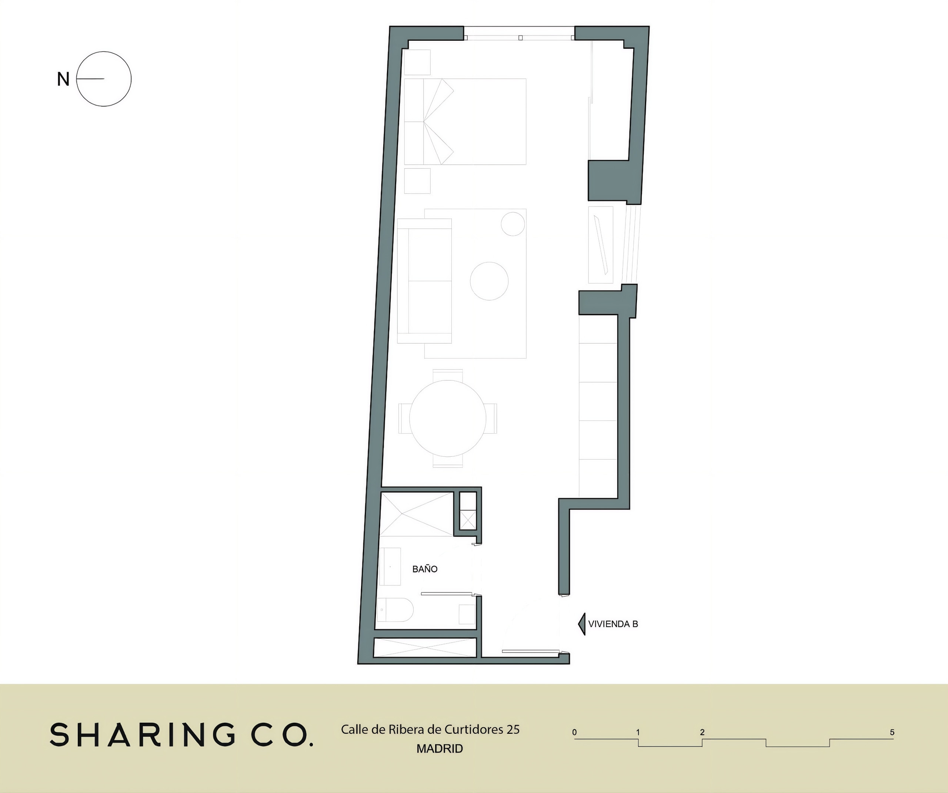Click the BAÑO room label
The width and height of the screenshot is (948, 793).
425,569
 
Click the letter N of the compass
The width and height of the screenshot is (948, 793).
63,80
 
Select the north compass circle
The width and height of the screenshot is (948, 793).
104,51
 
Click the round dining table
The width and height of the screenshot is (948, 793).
448,419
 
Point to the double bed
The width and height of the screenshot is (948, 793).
465,122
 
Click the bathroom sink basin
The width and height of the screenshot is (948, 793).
389,567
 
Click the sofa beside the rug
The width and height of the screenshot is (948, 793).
424,280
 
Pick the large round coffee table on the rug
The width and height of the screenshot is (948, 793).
489,281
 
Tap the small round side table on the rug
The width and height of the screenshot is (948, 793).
513,224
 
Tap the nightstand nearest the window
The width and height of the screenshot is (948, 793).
417,62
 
